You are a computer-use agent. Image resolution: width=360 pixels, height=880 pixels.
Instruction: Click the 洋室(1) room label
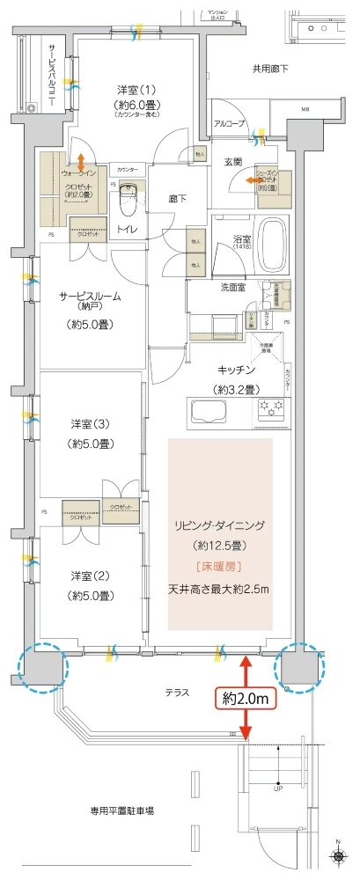(x=136, y=90)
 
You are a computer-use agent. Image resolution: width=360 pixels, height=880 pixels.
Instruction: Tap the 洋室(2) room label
(x=91, y=576)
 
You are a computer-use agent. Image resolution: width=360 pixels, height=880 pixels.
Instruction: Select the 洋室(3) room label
(x=91, y=423)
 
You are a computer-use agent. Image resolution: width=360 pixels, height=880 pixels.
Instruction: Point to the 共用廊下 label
(x=270, y=68)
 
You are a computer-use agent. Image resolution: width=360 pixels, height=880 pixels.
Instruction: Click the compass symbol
(x=341, y=854)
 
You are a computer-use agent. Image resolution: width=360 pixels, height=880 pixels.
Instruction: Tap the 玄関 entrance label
(x=232, y=162)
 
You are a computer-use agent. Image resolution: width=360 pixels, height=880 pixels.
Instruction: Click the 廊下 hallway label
(x=178, y=198)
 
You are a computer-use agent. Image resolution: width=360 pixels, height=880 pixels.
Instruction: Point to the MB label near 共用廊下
(x=305, y=110)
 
